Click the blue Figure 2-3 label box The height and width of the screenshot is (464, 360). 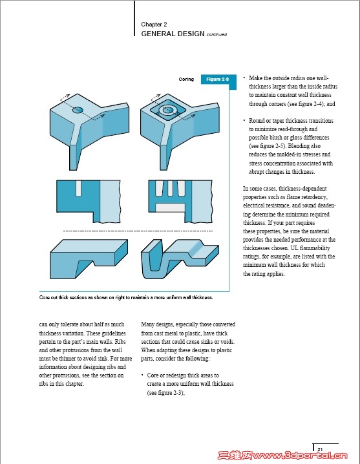(x=218, y=79)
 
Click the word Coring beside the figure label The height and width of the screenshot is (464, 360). (x=186, y=79)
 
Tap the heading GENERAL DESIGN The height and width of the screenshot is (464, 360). (x=173, y=34)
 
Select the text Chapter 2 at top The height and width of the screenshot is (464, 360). (x=154, y=25)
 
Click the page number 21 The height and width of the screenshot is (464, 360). (x=320, y=449)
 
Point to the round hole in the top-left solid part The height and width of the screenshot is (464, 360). (x=78, y=110)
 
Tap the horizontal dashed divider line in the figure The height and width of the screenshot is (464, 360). (x=138, y=231)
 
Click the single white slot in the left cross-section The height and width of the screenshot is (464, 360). (x=78, y=188)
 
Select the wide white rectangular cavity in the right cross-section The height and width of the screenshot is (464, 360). (x=170, y=207)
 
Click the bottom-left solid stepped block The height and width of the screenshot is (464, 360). (x=89, y=259)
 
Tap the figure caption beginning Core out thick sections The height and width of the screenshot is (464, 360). (x=126, y=297)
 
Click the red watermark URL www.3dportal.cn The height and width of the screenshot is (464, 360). (x=299, y=455)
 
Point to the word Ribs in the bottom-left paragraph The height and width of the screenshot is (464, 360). (x=120, y=341)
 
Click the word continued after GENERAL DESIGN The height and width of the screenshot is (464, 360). (x=217, y=35)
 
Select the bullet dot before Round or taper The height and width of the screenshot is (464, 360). (x=244, y=120)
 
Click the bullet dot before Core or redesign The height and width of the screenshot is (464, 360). (x=142, y=375)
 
